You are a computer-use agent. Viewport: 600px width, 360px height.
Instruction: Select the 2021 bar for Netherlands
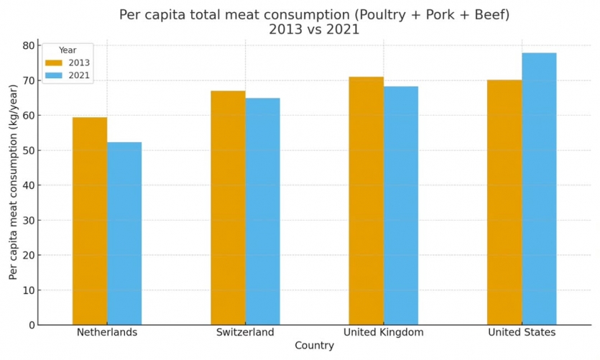pyautogui.click(x=124, y=234)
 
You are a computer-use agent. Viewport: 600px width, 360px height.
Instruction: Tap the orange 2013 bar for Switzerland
pyautogui.click(x=228, y=208)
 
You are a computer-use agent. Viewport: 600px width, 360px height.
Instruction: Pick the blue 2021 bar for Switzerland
pyautogui.click(x=262, y=211)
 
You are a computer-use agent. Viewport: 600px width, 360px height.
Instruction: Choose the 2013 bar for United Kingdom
pyautogui.click(x=366, y=200)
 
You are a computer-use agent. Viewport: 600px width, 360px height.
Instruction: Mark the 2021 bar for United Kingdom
pyautogui.click(x=400, y=206)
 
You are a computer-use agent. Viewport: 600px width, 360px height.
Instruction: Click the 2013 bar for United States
pyautogui.click(x=504, y=202)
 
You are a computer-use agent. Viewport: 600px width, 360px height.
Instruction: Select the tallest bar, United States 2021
pyautogui.click(x=539, y=189)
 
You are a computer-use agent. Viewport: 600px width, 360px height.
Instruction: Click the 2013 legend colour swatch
pyautogui.click(x=54, y=63)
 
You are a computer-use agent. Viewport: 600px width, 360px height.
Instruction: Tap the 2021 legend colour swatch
pyautogui.click(x=54, y=75)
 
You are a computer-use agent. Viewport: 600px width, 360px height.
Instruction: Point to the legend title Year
pyautogui.click(x=68, y=50)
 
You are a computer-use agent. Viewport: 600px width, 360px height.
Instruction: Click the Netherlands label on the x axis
pyautogui.click(x=107, y=333)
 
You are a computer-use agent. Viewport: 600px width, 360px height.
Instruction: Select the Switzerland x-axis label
pyautogui.click(x=245, y=333)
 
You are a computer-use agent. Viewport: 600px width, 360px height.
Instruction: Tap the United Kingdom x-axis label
pyautogui.click(x=383, y=333)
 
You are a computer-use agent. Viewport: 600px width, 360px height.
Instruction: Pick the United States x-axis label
pyautogui.click(x=522, y=333)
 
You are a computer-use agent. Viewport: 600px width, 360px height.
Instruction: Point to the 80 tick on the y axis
pyautogui.click(x=28, y=45)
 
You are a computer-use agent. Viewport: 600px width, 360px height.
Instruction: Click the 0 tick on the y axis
pyautogui.click(x=31, y=325)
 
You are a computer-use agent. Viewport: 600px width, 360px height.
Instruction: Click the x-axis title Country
pyautogui.click(x=314, y=346)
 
